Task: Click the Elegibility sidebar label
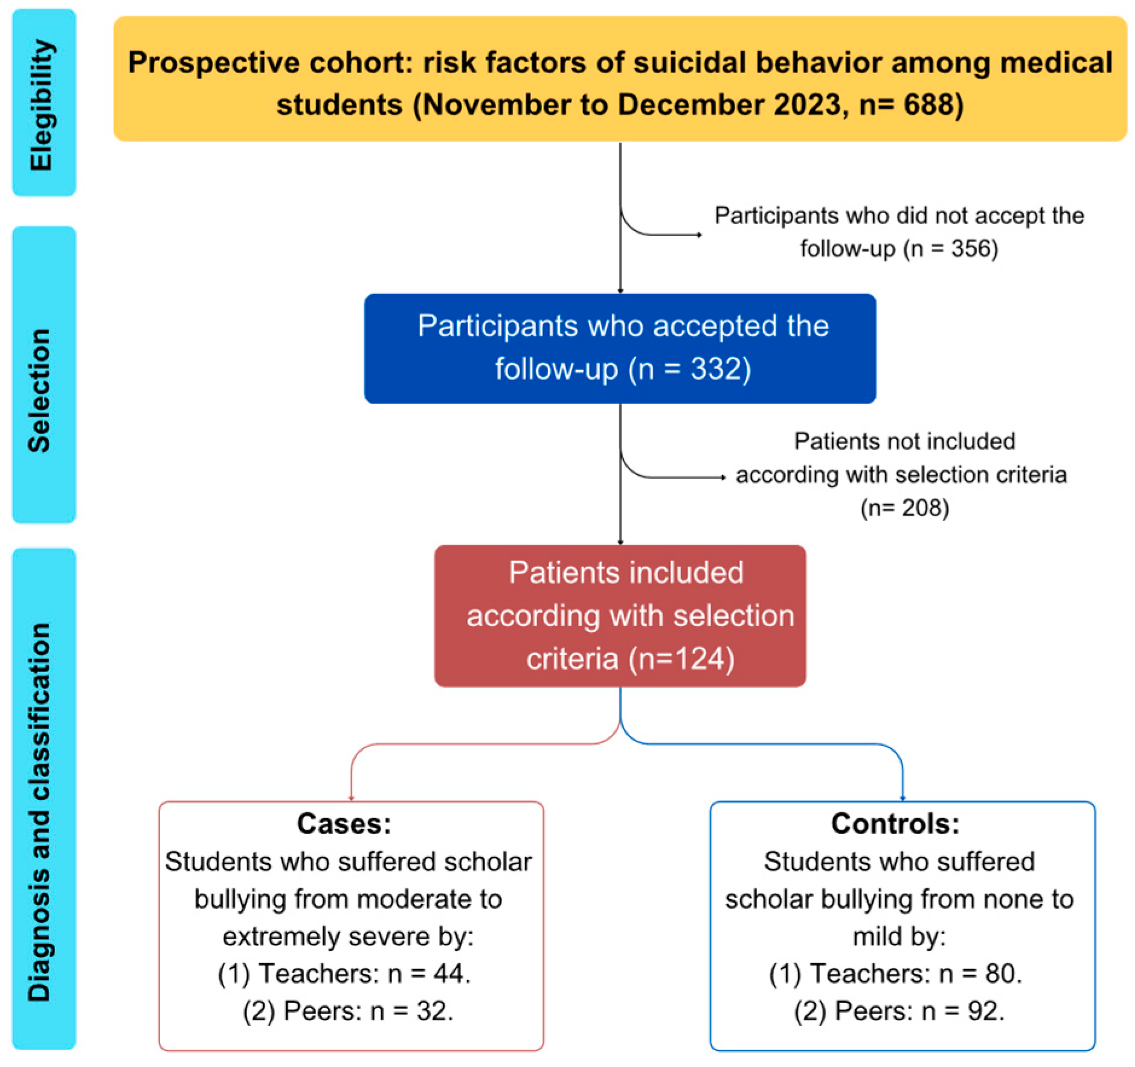[42, 104]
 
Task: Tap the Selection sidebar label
[40, 390]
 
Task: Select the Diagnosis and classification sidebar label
[40, 812]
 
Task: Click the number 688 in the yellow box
[929, 105]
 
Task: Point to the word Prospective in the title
[213, 63]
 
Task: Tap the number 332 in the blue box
[715, 368]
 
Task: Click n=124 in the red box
[681, 658]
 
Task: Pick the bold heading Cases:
[344, 824]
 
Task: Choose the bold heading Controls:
[895, 824]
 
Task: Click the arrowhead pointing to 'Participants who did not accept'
[699, 235]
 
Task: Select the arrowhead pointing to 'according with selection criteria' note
[723, 478]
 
